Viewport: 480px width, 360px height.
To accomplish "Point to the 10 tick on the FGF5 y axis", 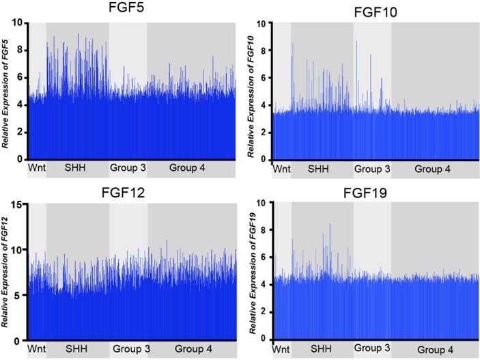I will [x=20, y=23].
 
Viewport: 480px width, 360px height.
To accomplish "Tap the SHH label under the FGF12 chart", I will [x=76, y=348].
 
